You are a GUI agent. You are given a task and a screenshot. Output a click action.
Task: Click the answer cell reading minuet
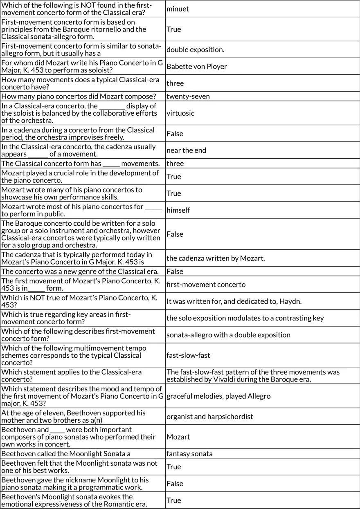click(178, 9)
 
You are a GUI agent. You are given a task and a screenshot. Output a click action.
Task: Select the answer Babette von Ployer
click(196, 66)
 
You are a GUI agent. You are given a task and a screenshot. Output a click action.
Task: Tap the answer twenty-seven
click(188, 96)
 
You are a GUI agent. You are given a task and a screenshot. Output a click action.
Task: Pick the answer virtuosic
click(180, 113)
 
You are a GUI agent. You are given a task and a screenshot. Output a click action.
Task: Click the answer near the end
click(186, 150)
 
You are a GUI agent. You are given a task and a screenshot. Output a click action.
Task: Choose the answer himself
click(178, 210)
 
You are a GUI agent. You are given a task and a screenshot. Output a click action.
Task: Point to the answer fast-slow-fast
click(188, 355)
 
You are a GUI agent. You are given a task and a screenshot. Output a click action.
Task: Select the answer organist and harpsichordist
click(209, 417)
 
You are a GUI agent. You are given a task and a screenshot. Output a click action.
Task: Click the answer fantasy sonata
click(189, 453)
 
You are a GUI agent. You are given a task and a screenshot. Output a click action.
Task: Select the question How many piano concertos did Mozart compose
click(79, 96)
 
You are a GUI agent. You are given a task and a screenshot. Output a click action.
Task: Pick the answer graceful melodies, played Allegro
click(218, 396)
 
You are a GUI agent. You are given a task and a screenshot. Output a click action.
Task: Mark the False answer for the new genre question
click(175, 271)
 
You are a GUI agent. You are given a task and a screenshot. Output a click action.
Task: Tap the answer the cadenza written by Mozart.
click(216, 258)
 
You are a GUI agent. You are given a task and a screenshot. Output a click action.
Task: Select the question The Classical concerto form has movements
click(80, 164)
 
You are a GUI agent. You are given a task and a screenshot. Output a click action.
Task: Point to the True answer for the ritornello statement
click(173, 29)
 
